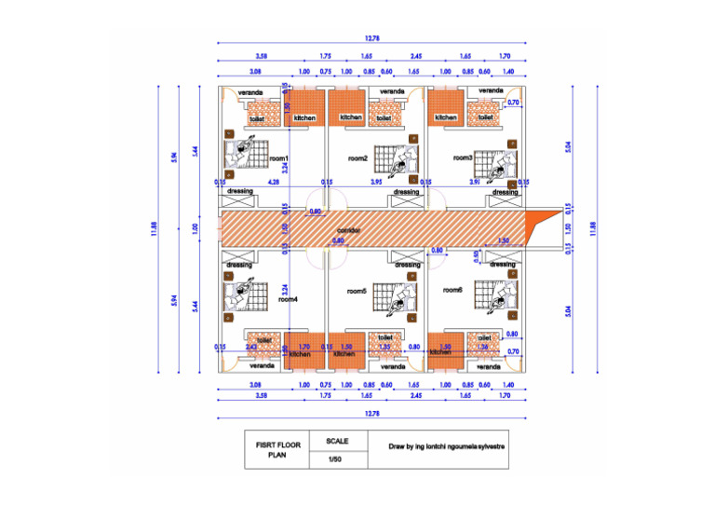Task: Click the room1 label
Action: coord(279,159)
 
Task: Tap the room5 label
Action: coord(357,291)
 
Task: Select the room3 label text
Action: coord(464,157)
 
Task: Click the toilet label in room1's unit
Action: coord(257,118)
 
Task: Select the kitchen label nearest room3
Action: coord(446,117)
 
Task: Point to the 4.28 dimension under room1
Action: coord(273,183)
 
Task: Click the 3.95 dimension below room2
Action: coord(376,183)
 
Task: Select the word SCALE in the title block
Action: coord(336,440)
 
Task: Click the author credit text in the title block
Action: coord(447,446)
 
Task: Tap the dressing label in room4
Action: coord(239,265)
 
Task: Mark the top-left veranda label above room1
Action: coord(249,92)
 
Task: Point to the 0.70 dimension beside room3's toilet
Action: coord(513,103)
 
